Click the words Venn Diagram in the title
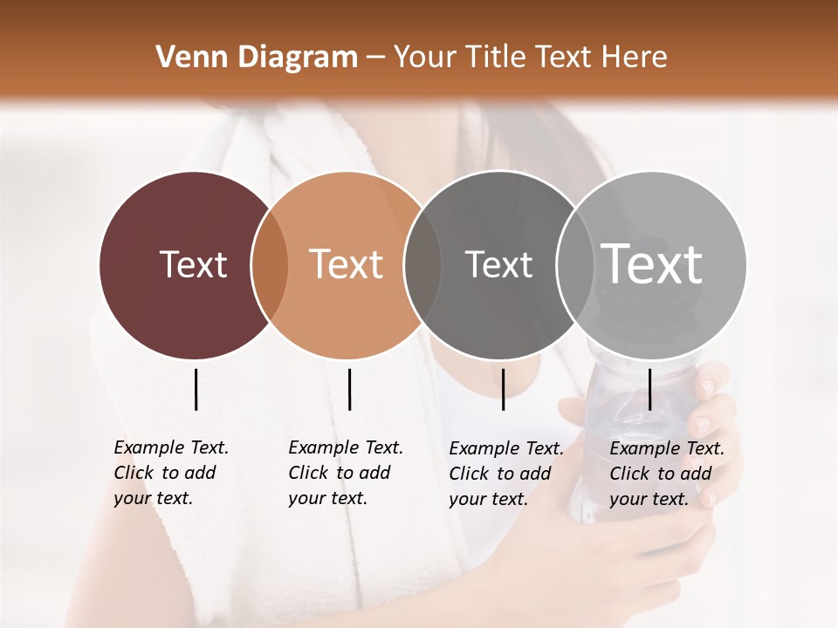pos(257,58)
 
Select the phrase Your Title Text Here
pos(530,58)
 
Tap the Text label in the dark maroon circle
pos(193,264)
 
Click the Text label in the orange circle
pos(346,264)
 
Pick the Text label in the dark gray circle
pos(498,264)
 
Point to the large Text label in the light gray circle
pos(651,263)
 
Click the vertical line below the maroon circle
pos(196,389)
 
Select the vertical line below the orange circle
pos(349,389)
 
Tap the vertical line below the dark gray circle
pos(503,389)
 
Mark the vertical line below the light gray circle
pos(649,389)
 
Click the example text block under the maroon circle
pos(170,473)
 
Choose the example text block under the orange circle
pos(345,473)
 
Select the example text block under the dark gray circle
pos(505,474)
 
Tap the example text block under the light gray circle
pos(666,474)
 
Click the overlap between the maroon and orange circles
pos(270,264)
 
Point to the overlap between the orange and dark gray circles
pos(422,264)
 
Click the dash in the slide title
pos(375,58)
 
